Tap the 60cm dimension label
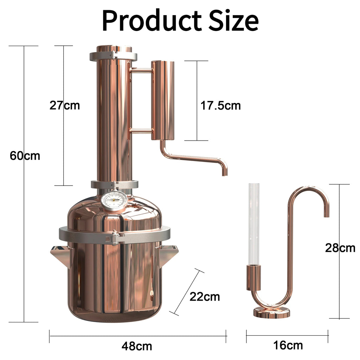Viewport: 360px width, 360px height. [x=25, y=155]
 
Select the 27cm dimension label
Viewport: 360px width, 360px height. [x=65, y=105]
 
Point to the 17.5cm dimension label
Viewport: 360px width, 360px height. [x=220, y=105]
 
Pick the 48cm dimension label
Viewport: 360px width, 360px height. [x=137, y=346]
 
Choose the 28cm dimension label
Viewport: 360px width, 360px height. [x=340, y=248]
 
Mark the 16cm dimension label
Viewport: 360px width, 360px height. [x=288, y=345]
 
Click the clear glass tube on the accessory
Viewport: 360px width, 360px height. [x=253, y=223]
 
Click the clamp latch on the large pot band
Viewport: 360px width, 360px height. [x=113, y=238]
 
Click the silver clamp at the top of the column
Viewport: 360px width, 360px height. [x=113, y=56]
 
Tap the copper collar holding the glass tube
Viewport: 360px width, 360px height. [x=253, y=277]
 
